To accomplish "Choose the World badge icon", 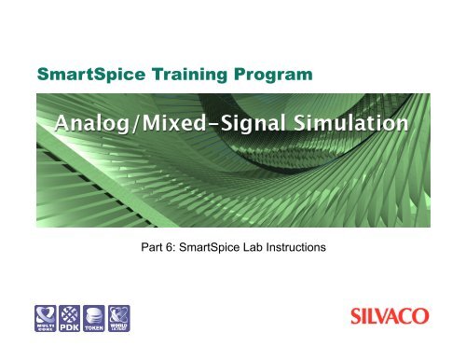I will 119,317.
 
